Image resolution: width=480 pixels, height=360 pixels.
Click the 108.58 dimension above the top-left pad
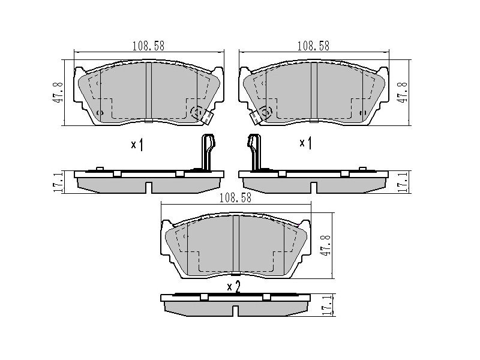click(x=148, y=46)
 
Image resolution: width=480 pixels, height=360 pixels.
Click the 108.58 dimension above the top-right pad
click(x=313, y=46)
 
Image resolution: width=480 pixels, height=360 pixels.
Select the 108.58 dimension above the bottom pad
click(x=235, y=198)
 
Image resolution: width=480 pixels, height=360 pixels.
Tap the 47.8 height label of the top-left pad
click(x=58, y=92)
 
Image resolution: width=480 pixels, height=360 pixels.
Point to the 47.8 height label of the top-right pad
click(x=402, y=92)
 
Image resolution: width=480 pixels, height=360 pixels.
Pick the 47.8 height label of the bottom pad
click(x=326, y=245)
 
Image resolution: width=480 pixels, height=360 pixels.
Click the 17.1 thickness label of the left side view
click(x=58, y=182)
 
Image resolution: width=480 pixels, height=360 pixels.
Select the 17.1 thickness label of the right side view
click(x=402, y=182)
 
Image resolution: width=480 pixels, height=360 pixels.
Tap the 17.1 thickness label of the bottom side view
click(x=327, y=305)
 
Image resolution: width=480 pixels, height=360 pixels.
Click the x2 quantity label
click(x=234, y=287)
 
